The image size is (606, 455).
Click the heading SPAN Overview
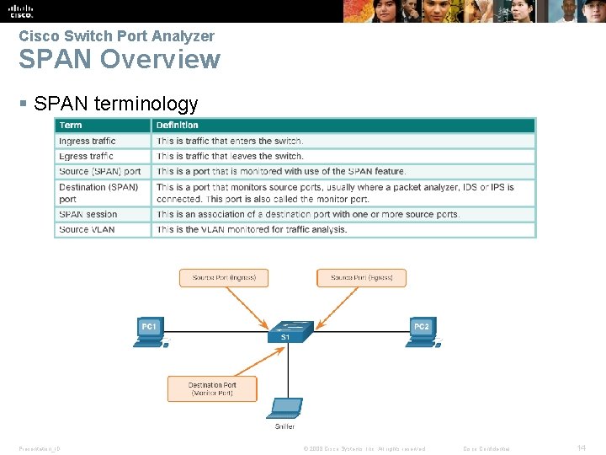120,60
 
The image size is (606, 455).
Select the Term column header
71,126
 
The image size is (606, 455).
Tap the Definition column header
178,126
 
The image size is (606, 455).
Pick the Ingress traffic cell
88,141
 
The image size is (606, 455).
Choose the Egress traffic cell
86,156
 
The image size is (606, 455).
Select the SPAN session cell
88,214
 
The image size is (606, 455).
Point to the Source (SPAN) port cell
100,171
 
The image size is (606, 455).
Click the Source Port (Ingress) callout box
224,277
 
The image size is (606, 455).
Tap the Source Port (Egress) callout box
361,277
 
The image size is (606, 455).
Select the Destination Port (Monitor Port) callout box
212,389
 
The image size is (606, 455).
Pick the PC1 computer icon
151,332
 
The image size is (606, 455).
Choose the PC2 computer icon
421,332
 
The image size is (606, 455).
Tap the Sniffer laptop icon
284,408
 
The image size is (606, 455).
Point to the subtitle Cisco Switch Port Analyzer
116,36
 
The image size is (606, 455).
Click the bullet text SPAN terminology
116,104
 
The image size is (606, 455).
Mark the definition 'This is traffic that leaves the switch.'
230,156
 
